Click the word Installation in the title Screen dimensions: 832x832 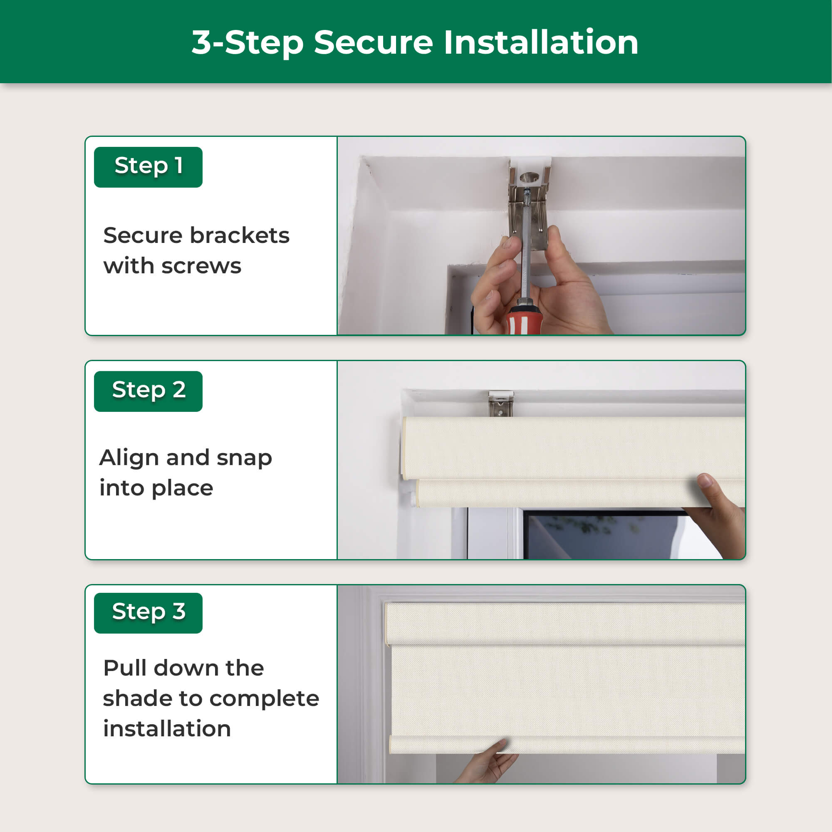[x=541, y=42]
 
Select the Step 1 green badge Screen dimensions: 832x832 [x=148, y=167]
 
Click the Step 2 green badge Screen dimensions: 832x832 [x=148, y=391]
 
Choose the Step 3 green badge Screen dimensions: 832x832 [x=148, y=613]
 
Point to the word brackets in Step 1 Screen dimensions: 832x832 [x=240, y=235]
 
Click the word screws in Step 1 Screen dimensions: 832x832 [x=201, y=267]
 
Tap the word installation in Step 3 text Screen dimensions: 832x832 [x=167, y=729]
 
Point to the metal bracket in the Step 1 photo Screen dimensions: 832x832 [x=529, y=203]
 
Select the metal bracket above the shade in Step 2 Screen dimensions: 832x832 [x=501, y=404]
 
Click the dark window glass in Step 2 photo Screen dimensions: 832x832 [x=603, y=536]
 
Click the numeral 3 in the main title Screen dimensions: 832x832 [x=202, y=42]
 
